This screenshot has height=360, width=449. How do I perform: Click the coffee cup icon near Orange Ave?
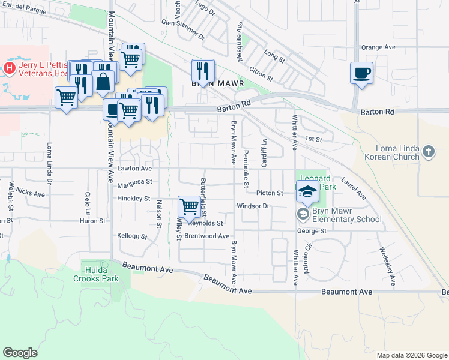pyautogui.click(x=361, y=73)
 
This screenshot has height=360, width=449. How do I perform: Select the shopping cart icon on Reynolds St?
pyautogui.click(x=190, y=206)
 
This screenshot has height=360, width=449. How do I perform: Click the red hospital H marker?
pyautogui.click(x=9, y=68)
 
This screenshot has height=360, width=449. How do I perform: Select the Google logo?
pyautogui.click(x=20, y=353)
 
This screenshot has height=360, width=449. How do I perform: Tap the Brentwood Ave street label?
pyautogui.click(x=208, y=236)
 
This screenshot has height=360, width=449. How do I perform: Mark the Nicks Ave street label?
pyautogui.click(x=31, y=192)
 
